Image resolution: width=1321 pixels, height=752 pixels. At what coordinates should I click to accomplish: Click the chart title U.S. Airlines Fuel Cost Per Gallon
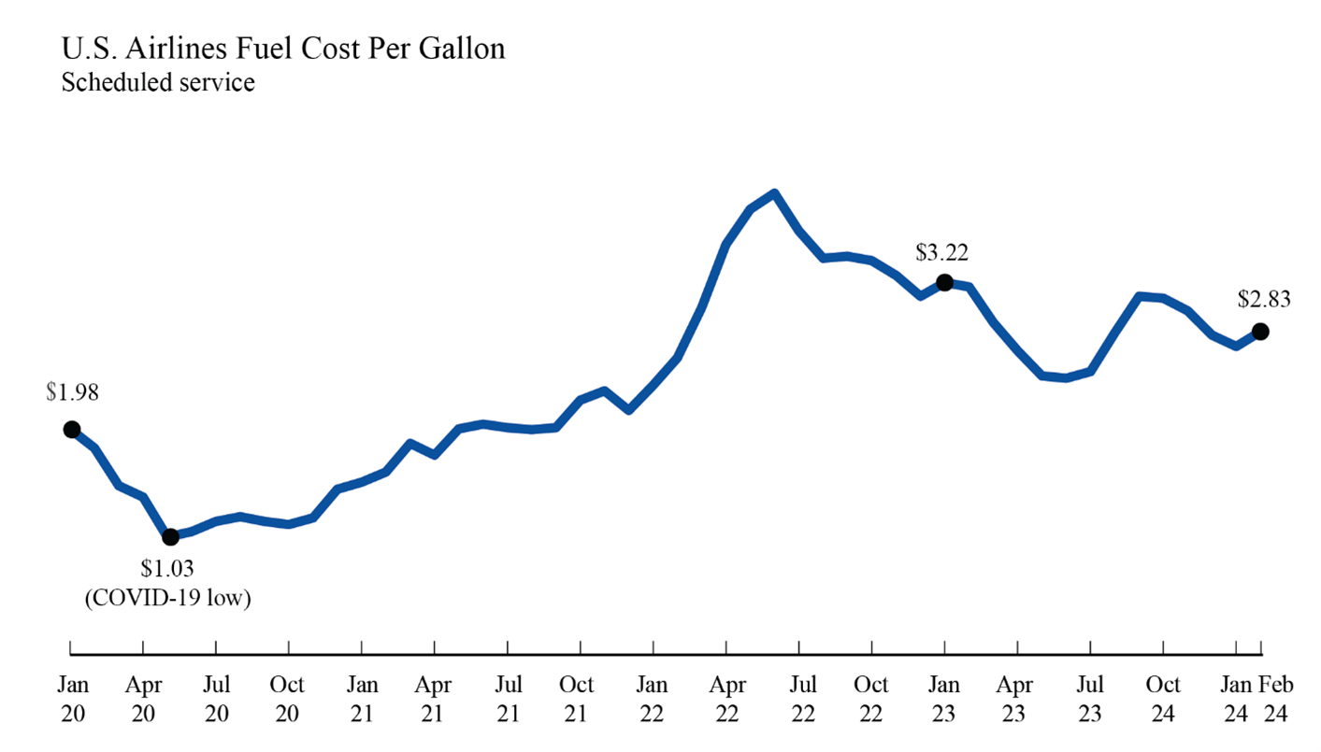point(282,49)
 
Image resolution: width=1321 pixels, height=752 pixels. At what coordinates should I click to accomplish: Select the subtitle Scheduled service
point(157,82)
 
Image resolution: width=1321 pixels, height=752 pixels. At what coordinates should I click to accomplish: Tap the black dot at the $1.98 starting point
point(71,430)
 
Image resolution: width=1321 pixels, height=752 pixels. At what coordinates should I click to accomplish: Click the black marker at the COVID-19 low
point(170,537)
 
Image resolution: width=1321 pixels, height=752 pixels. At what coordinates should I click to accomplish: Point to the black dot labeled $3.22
point(944,282)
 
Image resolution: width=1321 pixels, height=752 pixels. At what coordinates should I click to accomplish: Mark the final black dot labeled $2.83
point(1260,331)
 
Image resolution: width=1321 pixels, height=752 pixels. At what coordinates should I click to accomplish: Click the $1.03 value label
point(167,569)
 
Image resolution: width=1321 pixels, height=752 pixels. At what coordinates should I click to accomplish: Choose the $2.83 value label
point(1264,300)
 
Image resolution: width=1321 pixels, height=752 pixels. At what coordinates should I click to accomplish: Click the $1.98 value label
point(72,393)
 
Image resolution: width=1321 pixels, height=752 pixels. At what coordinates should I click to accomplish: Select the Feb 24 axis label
point(1276,699)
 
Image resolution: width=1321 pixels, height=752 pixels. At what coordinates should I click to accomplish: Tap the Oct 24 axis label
point(1164,699)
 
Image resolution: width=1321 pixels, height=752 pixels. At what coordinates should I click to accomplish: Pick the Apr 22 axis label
point(726,699)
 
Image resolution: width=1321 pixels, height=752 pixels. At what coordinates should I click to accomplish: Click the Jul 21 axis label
point(508,699)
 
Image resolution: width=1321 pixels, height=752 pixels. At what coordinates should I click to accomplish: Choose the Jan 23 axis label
point(944,699)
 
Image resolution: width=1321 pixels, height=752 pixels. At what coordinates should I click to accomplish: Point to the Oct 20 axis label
point(289,699)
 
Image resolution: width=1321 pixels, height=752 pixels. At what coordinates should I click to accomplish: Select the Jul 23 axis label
point(1090,699)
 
